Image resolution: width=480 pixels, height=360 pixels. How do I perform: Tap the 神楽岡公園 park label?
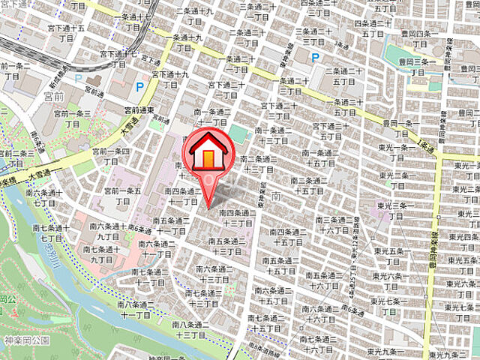click(x=25, y=340)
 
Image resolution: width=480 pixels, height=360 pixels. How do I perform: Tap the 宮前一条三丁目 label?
click(x=72, y=118)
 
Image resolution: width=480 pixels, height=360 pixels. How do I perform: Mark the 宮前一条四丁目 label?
click(x=111, y=156)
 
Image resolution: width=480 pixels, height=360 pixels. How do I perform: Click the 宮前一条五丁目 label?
click(x=124, y=196)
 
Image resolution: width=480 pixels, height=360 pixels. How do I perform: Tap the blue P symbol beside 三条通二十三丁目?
click(x=315, y=57)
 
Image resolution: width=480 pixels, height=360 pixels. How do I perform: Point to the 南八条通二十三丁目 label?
click(x=194, y=330)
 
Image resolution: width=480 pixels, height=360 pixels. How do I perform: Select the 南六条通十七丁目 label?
click(x=40, y=197)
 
